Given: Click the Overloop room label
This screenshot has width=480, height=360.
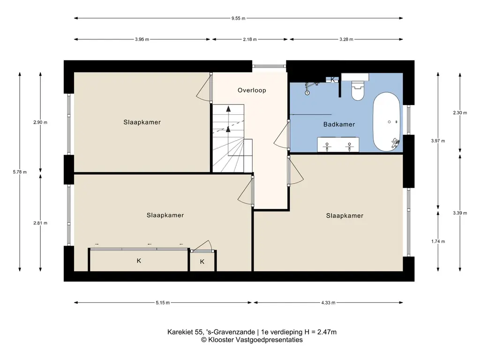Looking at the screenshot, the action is (252, 90).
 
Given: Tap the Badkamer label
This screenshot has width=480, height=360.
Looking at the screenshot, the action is (339, 124).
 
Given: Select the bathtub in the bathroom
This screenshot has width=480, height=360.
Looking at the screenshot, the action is (386, 121).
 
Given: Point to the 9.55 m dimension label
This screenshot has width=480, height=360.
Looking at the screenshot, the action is (238, 18).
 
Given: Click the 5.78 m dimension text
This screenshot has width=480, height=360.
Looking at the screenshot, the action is (20, 172).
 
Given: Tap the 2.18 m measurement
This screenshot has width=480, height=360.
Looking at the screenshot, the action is (250, 39).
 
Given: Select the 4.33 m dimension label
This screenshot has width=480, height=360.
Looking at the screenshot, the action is (328, 303).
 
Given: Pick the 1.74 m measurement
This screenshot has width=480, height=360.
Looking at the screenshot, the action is (438, 241).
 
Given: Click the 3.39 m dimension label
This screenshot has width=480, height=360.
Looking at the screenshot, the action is (460, 213).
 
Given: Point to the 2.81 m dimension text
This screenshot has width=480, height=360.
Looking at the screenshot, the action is (40, 223).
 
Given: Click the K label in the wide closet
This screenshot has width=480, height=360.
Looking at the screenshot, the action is (139, 261).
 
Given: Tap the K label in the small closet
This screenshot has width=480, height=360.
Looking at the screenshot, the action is (202, 262).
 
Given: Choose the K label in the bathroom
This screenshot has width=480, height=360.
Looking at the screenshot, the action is (332, 80).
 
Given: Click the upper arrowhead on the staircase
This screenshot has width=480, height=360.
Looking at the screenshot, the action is (228, 108).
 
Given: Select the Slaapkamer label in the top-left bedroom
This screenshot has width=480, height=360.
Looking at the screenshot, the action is (142, 122).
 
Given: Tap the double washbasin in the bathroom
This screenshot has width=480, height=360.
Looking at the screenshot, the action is (338, 144).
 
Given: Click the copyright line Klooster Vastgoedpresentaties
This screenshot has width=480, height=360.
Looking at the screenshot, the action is (252, 340).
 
